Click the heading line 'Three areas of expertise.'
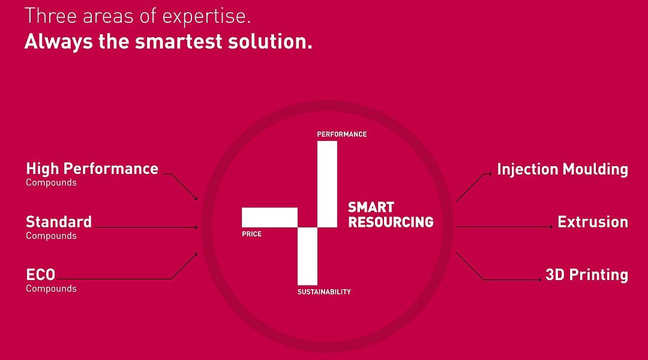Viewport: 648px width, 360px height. click(137, 16)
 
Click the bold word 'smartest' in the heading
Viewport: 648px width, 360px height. click(179, 42)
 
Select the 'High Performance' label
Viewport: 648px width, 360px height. click(92, 169)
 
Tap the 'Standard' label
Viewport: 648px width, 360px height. click(59, 222)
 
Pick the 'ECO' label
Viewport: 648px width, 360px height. click(41, 275)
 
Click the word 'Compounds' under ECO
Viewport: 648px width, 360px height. click(51, 289)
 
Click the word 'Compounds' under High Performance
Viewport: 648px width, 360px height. click(51, 182)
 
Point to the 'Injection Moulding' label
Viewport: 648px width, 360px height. click(562, 169)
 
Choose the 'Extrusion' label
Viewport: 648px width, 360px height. click(593, 222)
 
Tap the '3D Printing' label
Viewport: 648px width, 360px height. click(587, 275)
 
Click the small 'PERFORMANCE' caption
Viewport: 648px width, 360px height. click(342, 134)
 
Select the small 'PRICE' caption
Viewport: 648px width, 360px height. click(251, 234)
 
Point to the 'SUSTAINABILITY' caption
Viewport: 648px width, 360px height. click(324, 292)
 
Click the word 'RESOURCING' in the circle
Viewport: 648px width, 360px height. click(391, 222)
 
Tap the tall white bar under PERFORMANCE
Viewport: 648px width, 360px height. click(328, 184)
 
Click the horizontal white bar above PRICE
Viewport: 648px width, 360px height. click(269, 217)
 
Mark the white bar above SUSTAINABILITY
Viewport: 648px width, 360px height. click(307, 256)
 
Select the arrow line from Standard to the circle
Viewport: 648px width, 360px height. click(146, 227)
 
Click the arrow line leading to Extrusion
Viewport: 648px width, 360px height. click(504, 226)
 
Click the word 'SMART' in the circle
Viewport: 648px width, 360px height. click(371, 207)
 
